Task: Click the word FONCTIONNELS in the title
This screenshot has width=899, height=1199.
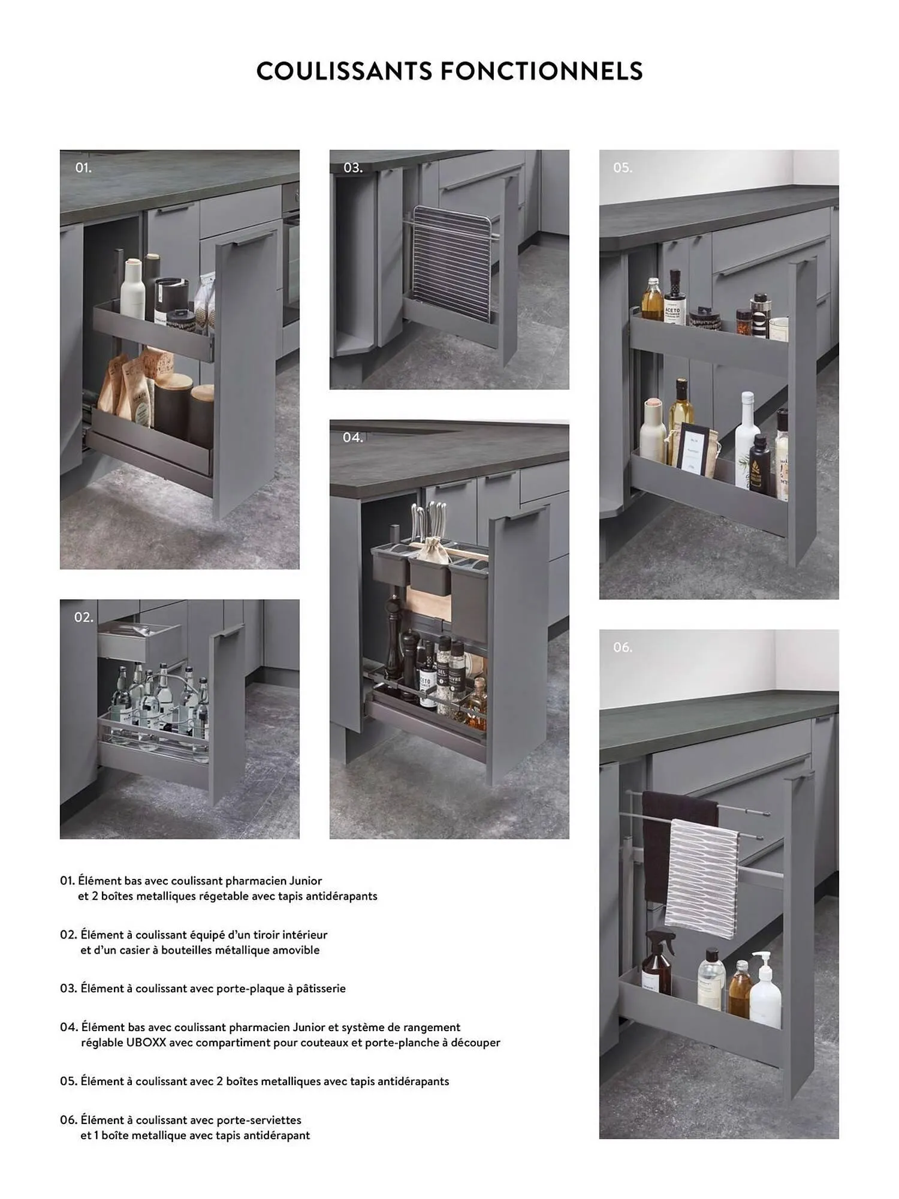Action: click(x=542, y=71)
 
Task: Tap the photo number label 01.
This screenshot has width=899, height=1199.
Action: click(x=83, y=168)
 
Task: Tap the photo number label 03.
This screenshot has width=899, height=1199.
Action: click(x=353, y=168)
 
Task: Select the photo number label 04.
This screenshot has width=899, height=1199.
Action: click(x=353, y=438)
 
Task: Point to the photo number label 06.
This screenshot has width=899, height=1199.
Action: click(x=623, y=647)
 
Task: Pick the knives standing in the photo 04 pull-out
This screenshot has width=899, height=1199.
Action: click(x=429, y=522)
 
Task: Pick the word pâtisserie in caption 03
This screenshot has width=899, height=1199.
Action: click(x=321, y=989)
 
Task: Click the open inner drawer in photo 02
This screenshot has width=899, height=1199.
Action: click(x=139, y=640)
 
